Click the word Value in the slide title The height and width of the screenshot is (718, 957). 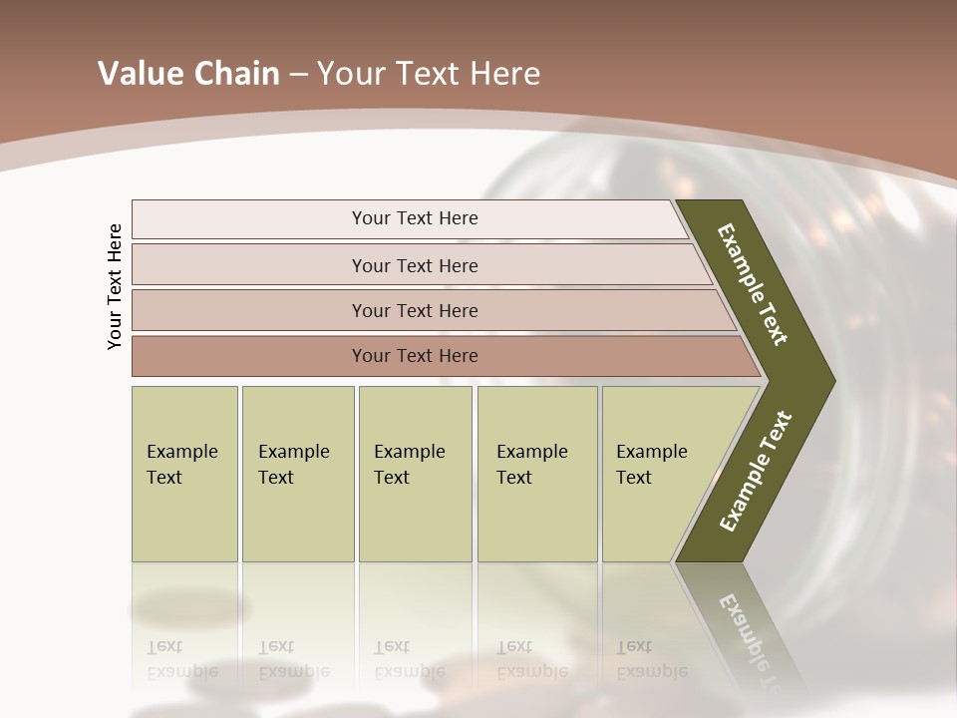click(139, 74)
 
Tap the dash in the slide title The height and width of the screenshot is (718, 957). click(298, 75)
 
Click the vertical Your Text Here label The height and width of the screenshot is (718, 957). click(115, 286)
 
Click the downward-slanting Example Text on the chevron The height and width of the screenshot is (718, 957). click(753, 284)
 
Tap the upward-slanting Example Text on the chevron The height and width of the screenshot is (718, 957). click(756, 471)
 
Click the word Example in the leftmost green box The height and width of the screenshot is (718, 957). click(181, 452)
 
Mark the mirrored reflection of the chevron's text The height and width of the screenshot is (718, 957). click(753, 638)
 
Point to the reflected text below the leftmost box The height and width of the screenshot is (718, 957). click(181, 659)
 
